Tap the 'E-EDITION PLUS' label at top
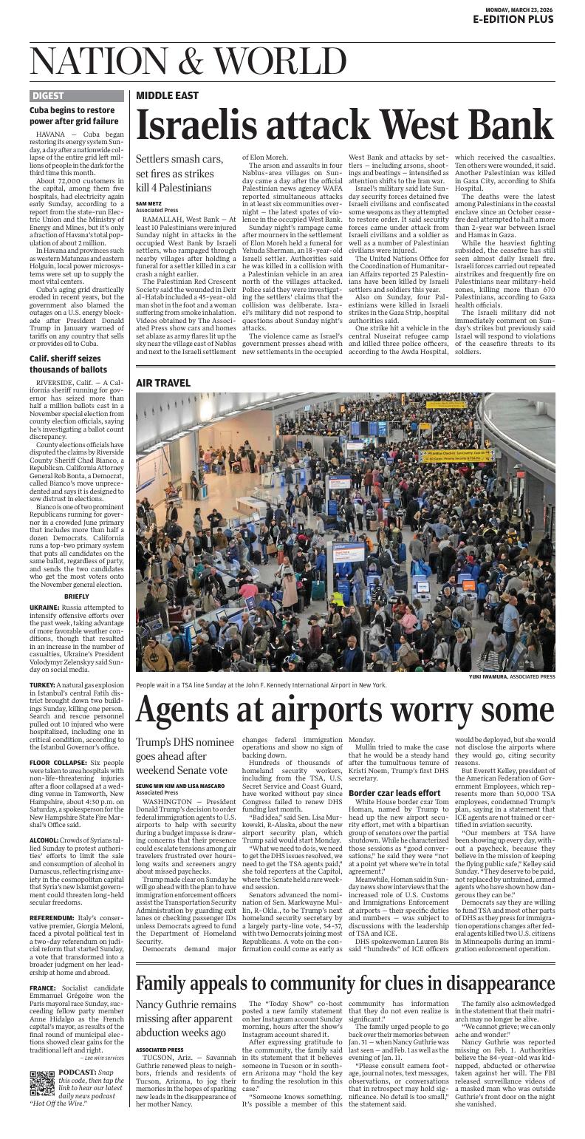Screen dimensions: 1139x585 point(513,20)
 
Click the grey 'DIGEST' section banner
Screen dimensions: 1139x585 point(49,95)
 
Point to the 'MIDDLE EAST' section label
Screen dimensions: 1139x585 point(167,96)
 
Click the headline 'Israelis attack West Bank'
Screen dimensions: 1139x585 point(344,126)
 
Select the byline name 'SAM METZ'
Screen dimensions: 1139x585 point(148,203)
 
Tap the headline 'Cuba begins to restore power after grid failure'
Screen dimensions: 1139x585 point(74,115)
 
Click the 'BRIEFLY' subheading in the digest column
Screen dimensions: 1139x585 point(77,596)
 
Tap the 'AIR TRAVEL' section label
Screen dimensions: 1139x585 point(162,383)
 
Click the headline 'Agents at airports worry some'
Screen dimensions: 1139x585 point(344,711)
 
